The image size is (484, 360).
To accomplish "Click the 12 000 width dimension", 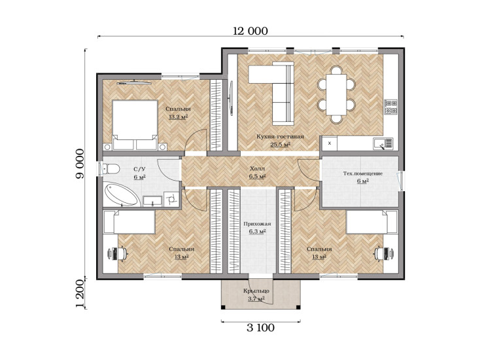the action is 251,31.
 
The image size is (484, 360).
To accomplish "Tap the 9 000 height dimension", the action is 80,164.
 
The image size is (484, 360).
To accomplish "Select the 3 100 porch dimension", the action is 260,327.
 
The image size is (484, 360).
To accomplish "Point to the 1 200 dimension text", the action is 80,294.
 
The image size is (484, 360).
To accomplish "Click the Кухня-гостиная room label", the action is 281,137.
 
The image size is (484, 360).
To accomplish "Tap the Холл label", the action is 258,169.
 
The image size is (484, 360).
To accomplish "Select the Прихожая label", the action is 257,224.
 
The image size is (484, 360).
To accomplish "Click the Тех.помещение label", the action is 363,173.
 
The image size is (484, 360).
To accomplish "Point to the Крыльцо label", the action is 256,291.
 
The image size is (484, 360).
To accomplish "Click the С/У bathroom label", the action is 139,170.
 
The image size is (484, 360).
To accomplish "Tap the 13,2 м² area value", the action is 179,117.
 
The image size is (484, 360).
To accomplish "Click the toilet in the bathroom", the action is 111,169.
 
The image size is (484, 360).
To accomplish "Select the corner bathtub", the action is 122,194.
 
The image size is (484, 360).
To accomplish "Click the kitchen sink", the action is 383,144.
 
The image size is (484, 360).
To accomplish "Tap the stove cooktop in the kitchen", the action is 390,107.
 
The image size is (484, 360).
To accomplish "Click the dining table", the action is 336,94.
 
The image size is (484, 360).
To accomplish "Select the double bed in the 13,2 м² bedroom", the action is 135,125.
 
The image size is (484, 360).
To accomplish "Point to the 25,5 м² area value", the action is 281,144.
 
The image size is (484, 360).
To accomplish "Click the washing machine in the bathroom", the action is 171,199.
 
